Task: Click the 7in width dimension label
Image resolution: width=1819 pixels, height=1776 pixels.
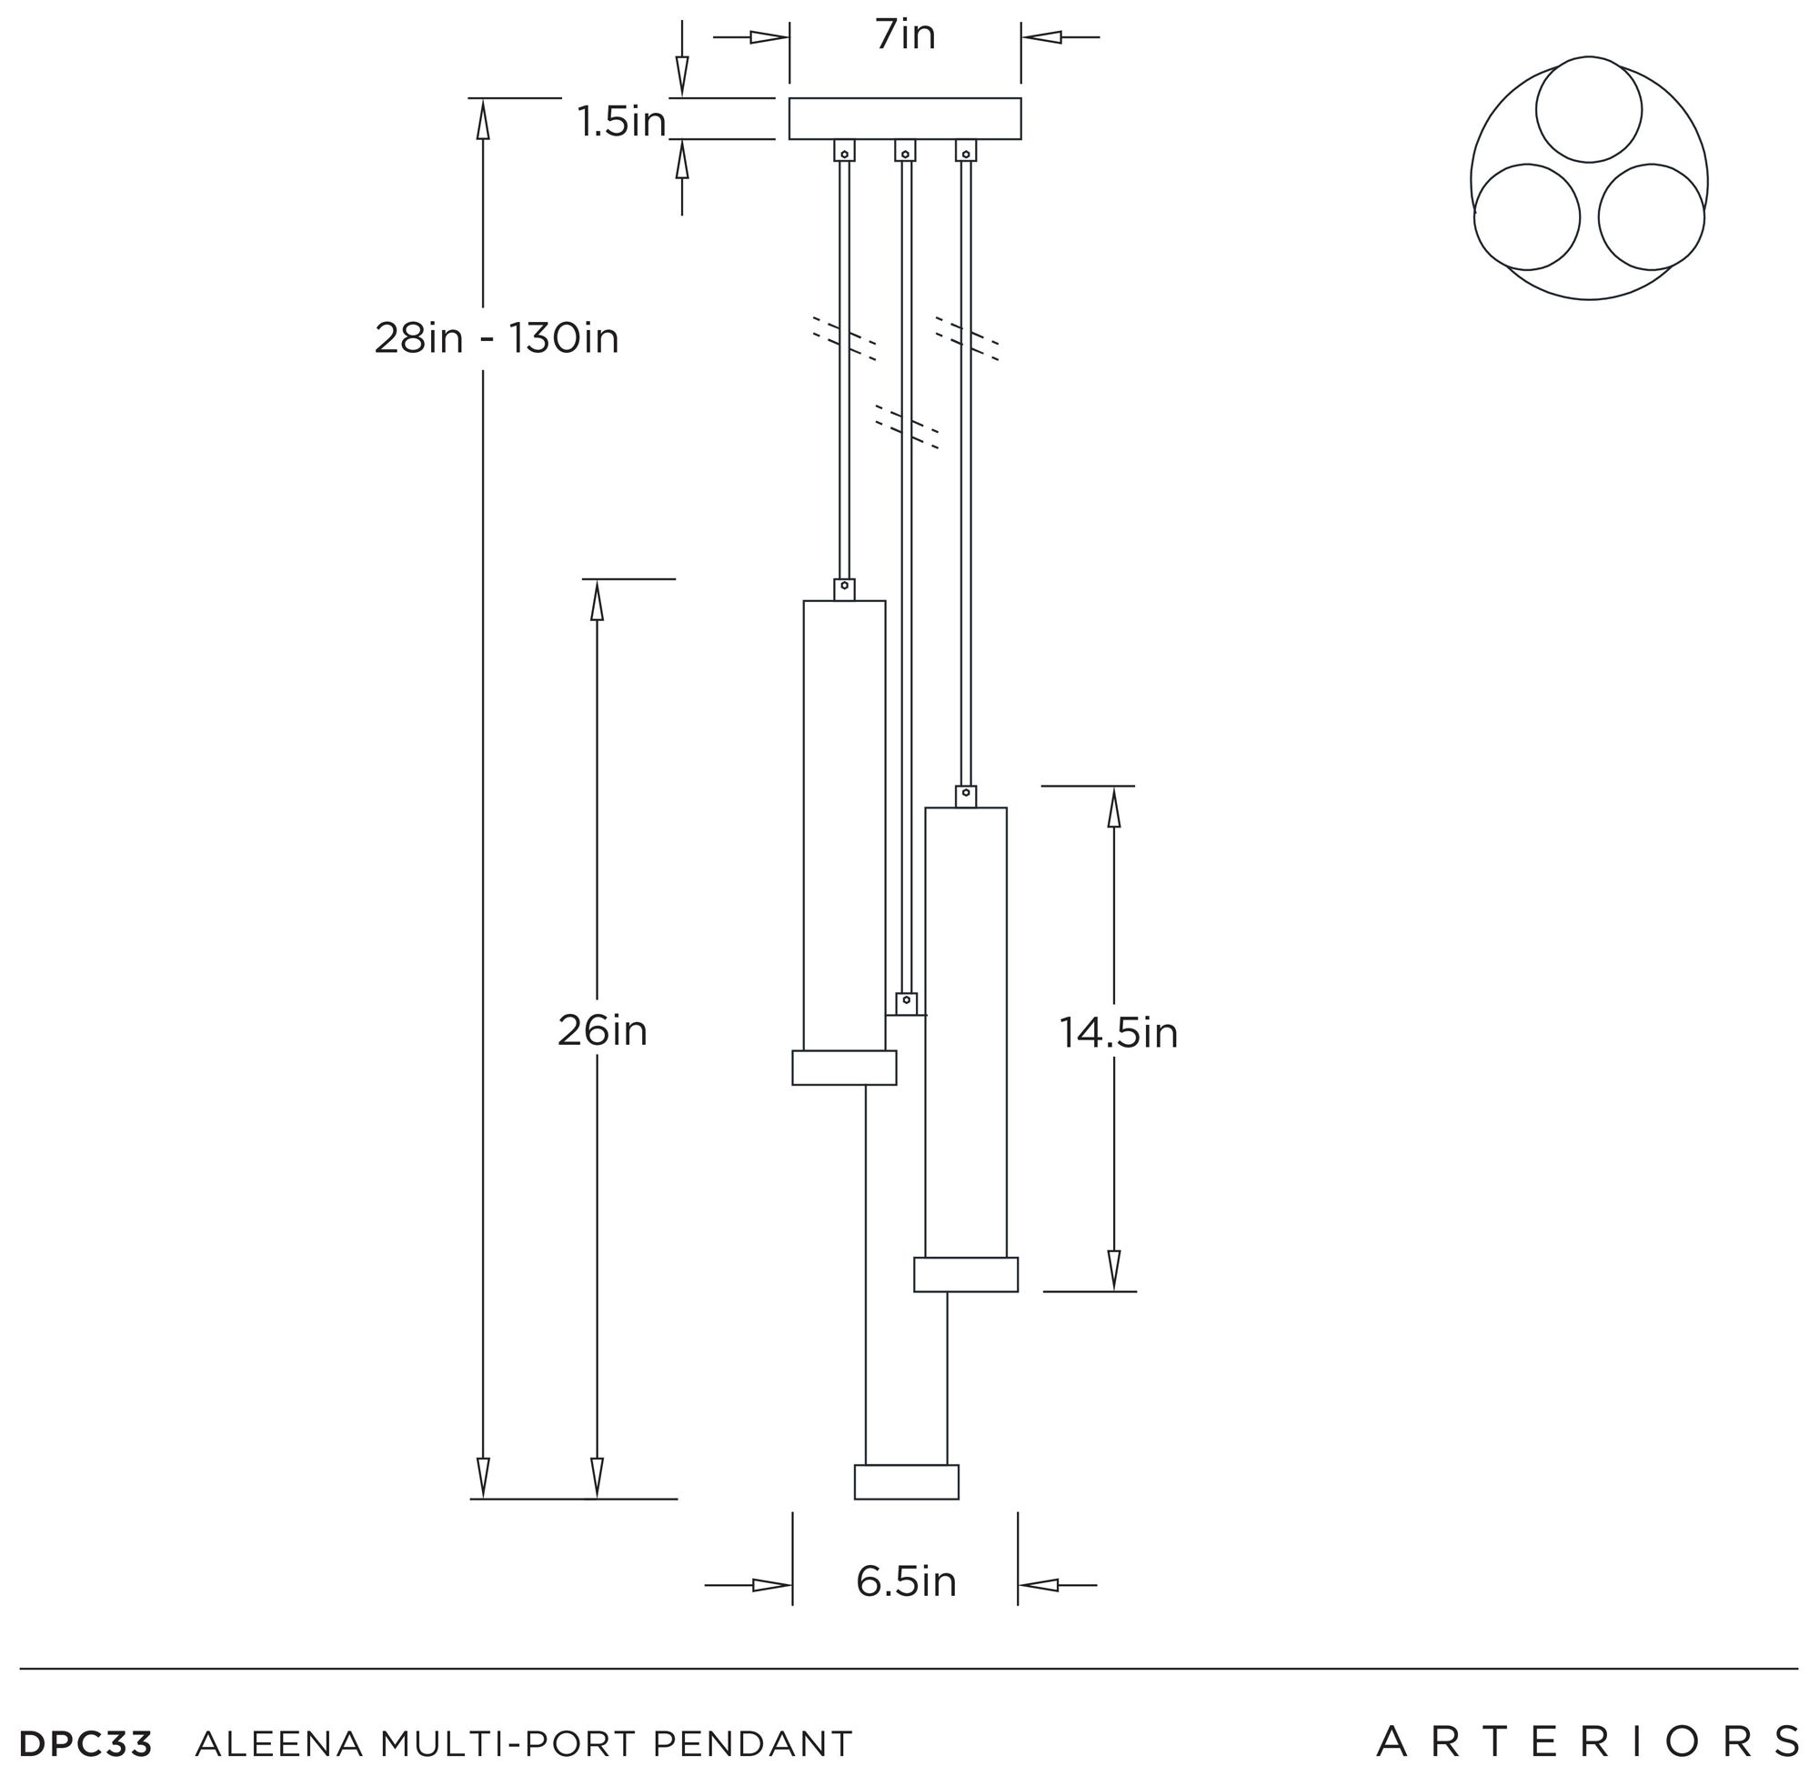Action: click(905, 35)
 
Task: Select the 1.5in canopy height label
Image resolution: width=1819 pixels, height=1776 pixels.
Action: click(621, 122)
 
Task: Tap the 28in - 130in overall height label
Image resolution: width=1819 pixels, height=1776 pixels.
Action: click(497, 337)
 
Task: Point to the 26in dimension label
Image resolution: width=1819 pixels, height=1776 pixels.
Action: click(603, 1030)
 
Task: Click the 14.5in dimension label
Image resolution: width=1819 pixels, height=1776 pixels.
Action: click(1119, 1032)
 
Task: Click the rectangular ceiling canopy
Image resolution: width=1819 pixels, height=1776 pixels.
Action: click(905, 118)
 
